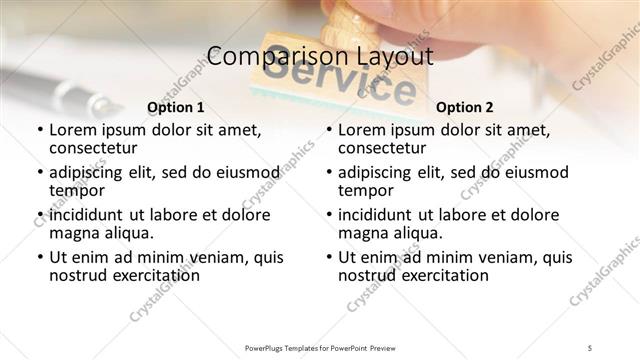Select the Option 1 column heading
click(x=175, y=107)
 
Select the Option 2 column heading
click(x=464, y=107)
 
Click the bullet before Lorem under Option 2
click(x=329, y=131)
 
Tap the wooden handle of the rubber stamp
click(x=352, y=25)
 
